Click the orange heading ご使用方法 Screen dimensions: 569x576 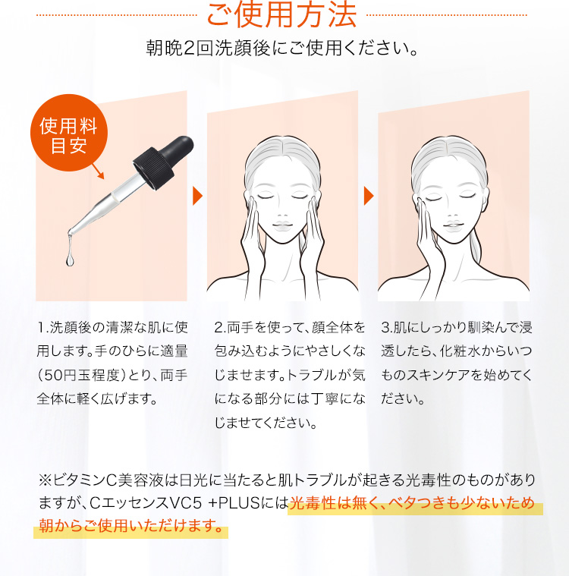click(x=281, y=14)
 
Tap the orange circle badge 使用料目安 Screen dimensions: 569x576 click(x=69, y=133)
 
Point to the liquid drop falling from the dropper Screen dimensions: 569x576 click(x=70, y=258)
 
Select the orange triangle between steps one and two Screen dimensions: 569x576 click(x=197, y=196)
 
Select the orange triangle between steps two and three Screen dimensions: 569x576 click(x=369, y=196)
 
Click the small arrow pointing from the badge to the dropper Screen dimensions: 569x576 click(x=98, y=172)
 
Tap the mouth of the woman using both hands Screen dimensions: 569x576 click(x=282, y=225)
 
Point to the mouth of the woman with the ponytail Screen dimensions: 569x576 click(x=453, y=224)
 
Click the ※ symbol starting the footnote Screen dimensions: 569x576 click(x=45, y=480)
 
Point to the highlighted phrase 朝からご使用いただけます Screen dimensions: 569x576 click(x=131, y=526)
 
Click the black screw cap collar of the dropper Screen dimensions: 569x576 click(x=153, y=168)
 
